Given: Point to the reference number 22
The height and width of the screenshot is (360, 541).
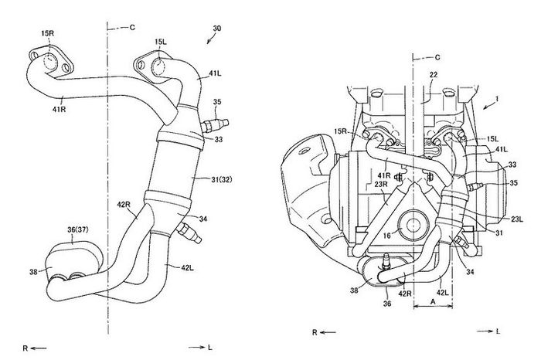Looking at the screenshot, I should pyautogui.click(x=435, y=73).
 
